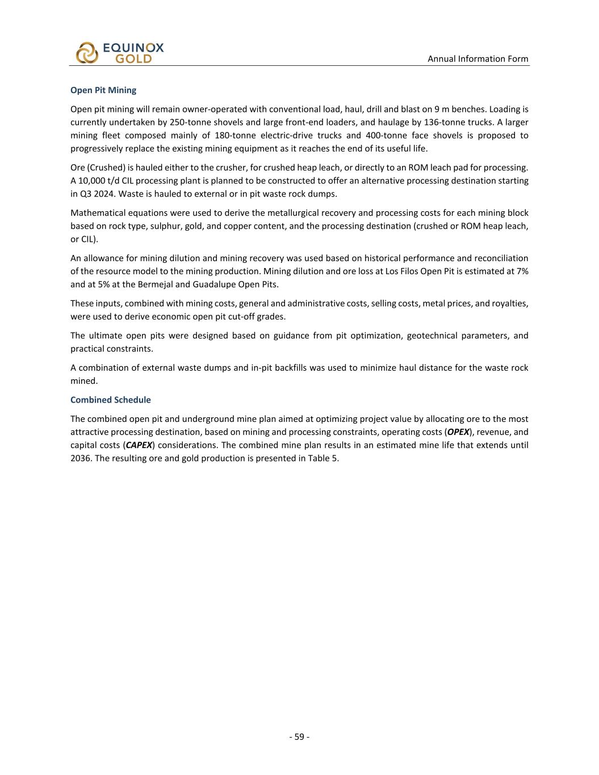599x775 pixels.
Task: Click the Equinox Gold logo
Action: click(120, 52)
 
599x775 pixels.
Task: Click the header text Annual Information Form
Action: click(477, 58)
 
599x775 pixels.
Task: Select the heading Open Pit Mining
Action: click(103, 90)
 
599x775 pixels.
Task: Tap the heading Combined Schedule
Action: click(111, 400)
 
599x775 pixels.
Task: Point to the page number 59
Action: click(299, 737)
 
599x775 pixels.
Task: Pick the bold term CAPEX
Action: click(139, 445)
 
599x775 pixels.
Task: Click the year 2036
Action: click(80, 458)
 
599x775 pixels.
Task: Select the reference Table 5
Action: click(323, 458)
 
